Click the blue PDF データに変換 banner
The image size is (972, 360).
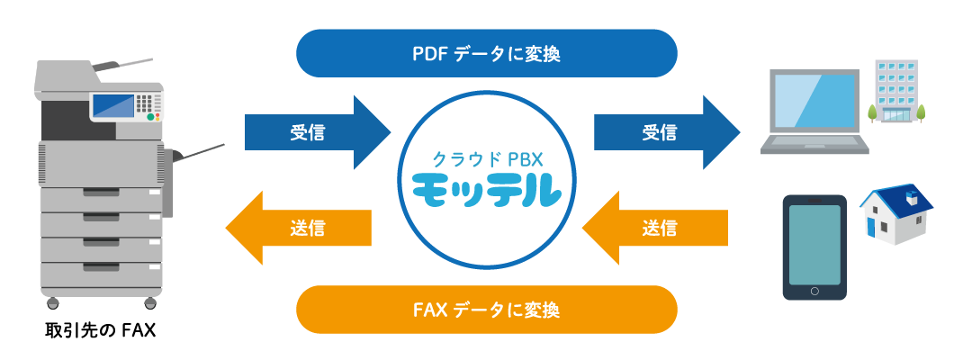486,53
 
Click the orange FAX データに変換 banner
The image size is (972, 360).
486,310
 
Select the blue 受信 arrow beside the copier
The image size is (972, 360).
315,133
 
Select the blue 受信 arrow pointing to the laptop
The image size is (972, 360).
666,133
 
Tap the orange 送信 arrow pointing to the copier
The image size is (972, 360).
301,228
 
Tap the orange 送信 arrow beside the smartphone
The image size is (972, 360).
657,228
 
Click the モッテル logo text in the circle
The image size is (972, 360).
486,191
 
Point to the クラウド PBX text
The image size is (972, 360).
486,158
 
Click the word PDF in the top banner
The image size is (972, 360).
429,53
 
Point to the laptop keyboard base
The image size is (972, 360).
814,146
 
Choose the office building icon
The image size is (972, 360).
895,90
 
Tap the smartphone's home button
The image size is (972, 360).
814,291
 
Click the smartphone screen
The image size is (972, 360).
814,244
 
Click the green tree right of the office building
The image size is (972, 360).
921,112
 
